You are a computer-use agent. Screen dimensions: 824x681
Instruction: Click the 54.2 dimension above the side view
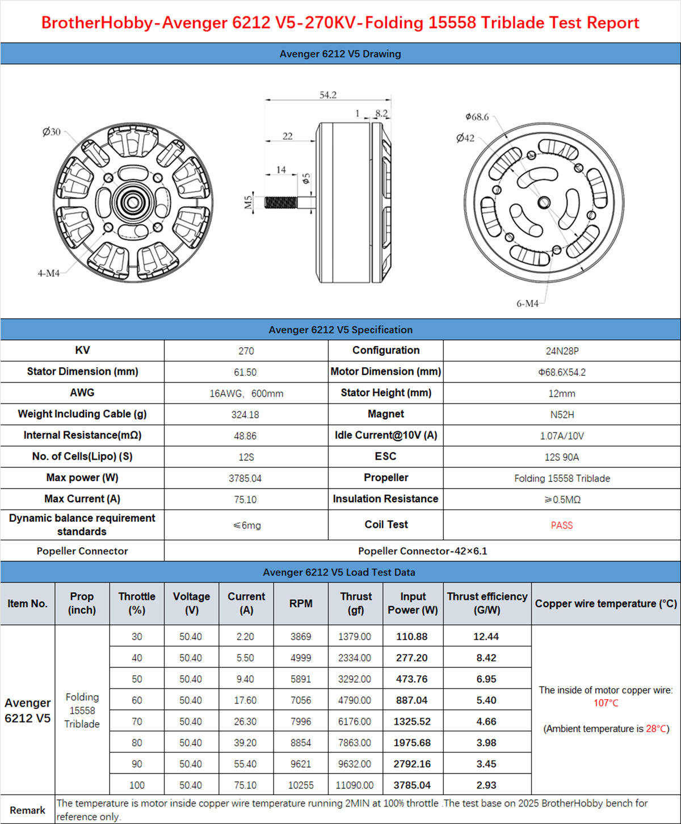(328, 95)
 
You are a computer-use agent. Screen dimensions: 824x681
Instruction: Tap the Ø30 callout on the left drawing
(51, 132)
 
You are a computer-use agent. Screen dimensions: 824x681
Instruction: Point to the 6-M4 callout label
(527, 304)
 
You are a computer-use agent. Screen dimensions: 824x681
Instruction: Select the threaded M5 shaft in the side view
(280, 202)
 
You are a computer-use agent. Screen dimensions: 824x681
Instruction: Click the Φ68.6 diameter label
(477, 117)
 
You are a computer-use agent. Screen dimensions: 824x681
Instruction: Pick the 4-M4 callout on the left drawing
(49, 273)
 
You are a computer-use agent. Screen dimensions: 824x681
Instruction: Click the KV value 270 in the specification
(246, 351)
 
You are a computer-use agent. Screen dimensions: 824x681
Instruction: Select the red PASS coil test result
(562, 525)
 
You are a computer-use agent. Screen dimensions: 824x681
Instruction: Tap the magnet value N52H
(562, 415)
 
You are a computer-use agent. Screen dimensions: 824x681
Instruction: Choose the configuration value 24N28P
(562, 351)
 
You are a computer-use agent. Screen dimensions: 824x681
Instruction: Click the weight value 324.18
(245, 415)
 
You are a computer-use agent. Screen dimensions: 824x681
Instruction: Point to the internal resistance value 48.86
(245, 436)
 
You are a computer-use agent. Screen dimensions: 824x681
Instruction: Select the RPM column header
(301, 603)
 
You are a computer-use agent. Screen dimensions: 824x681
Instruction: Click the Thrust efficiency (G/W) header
(487, 603)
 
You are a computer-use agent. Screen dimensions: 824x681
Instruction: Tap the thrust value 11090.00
(355, 785)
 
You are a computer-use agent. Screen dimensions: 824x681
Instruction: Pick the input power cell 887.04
(412, 700)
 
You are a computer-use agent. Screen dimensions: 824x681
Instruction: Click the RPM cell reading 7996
(301, 722)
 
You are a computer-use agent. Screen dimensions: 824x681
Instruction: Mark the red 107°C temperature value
(606, 703)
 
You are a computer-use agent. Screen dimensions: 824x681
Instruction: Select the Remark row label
(27, 810)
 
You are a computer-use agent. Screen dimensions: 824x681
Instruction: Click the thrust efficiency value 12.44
(486, 637)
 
